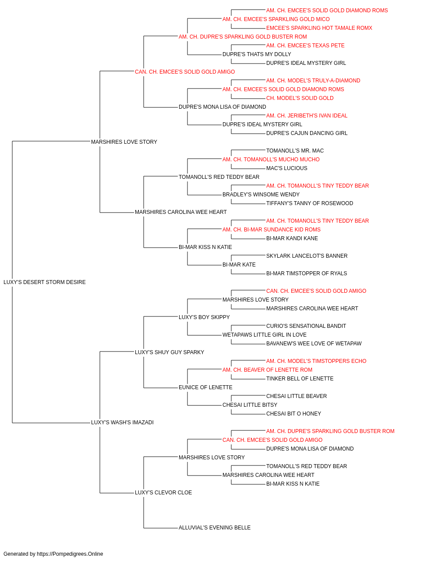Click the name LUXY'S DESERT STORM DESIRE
click(x=44, y=282)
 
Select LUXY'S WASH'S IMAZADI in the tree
click(x=122, y=423)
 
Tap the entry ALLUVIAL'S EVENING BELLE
click(x=215, y=528)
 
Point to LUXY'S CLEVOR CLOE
click(x=163, y=493)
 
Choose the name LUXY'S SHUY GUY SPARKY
click(x=170, y=352)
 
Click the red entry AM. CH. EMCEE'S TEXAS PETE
click(x=305, y=46)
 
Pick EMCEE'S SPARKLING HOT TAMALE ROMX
click(x=319, y=28)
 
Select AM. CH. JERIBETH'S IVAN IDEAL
click(x=307, y=116)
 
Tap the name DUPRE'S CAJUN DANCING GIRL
click(x=307, y=133)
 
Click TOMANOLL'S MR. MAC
click(x=295, y=151)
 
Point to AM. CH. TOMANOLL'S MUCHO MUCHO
click(x=271, y=160)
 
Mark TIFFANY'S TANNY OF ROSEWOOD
click(x=310, y=203)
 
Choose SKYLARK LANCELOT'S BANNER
click(x=307, y=256)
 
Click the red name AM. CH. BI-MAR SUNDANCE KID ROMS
click(x=272, y=230)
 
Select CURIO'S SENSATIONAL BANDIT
click(x=306, y=326)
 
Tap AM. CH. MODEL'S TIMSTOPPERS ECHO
click(x=316, y=361)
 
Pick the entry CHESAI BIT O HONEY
click(x=293, y=414)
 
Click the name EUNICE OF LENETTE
click(x=205, y=387)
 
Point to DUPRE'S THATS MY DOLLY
click(x=257, y=54)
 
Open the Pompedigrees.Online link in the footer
click(x=70, y=554)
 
